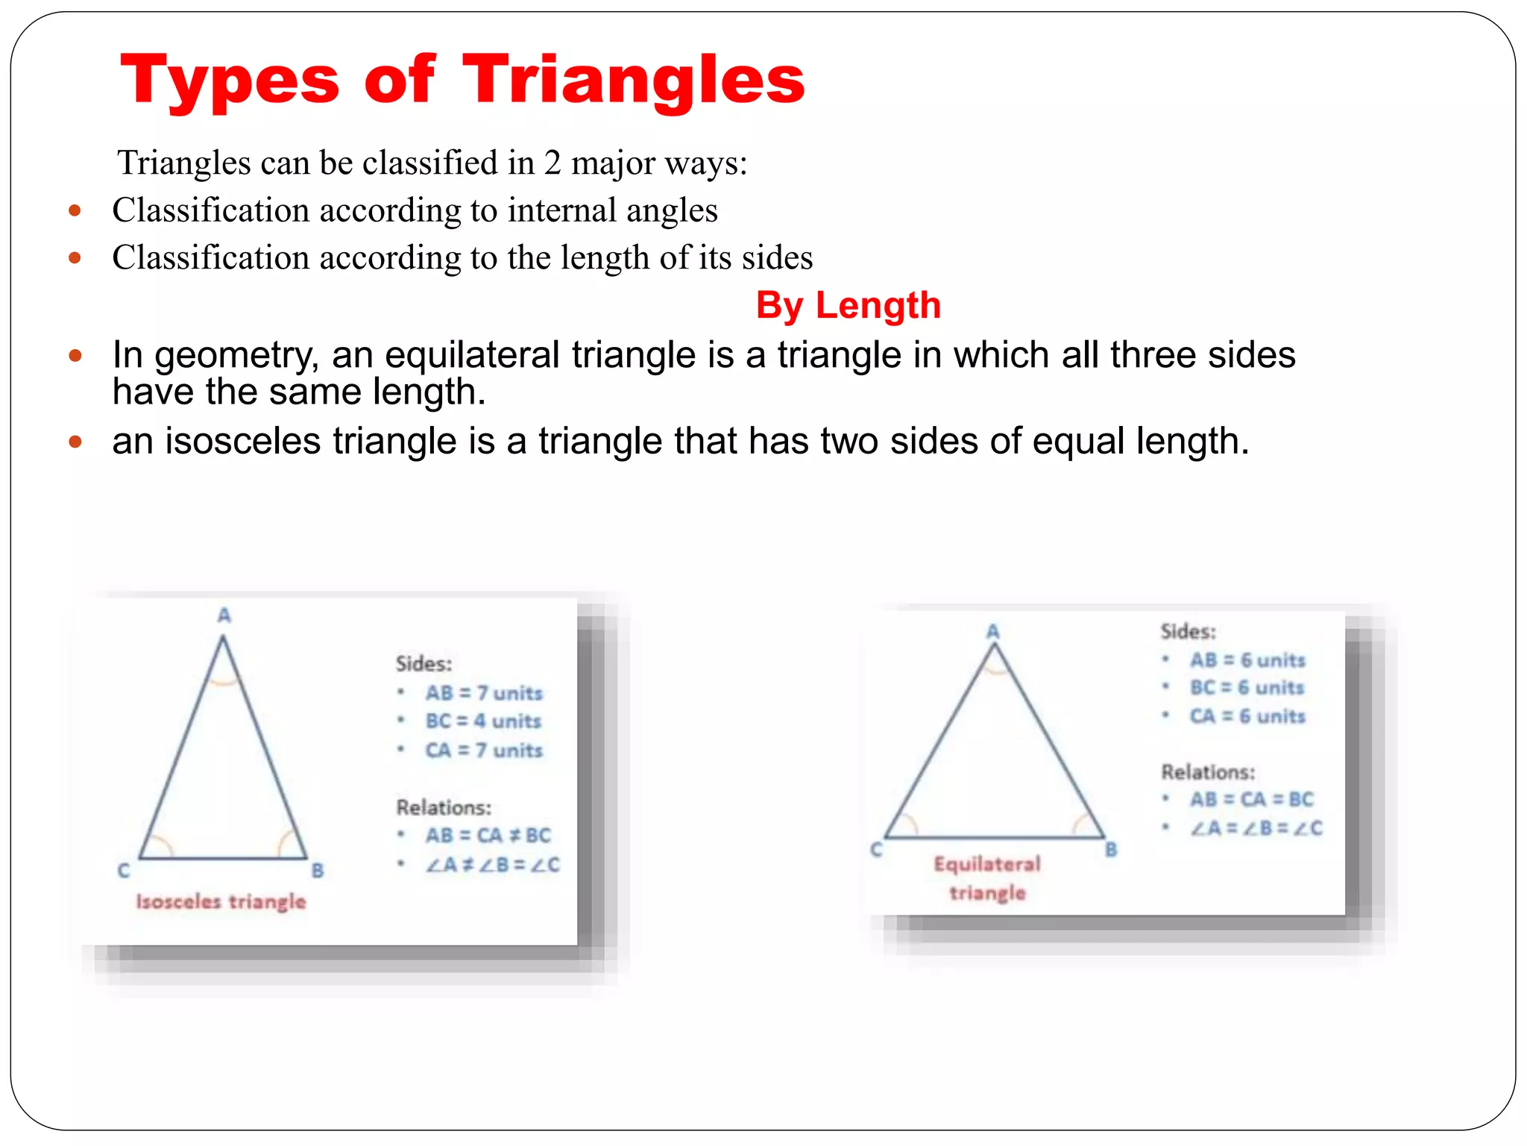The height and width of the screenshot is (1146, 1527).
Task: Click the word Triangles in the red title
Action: click(633, 81)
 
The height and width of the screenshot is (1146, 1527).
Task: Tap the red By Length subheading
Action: click(848, 305)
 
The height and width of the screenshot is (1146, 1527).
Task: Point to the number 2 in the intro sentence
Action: click(552, 163)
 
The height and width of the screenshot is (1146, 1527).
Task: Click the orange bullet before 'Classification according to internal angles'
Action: click(75, 210)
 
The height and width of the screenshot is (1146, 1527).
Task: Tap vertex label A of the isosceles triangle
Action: click(224, 616)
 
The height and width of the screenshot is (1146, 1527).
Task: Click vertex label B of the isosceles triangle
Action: click(318, 870)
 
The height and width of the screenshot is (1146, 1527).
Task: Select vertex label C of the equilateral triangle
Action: click(876, 850)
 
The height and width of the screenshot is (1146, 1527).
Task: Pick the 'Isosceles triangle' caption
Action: click(221, 901)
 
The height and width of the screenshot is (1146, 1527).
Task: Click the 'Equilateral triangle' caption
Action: click(987, 878)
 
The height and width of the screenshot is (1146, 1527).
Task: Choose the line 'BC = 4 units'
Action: click(483, 721)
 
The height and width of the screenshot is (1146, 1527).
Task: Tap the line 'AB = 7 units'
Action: click(484, 693)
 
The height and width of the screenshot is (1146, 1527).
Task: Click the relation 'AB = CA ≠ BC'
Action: click(488, 836)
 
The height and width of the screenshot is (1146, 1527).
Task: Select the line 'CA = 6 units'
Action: click(1247, 716)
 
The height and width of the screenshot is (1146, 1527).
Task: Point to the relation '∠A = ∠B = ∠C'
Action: click(1256, 828)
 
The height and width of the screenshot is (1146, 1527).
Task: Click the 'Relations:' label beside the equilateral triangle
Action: click(1208, 772)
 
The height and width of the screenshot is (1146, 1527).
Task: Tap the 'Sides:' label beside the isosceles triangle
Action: click(424, 663)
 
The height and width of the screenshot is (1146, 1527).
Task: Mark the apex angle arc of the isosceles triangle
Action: click(224, 680)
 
